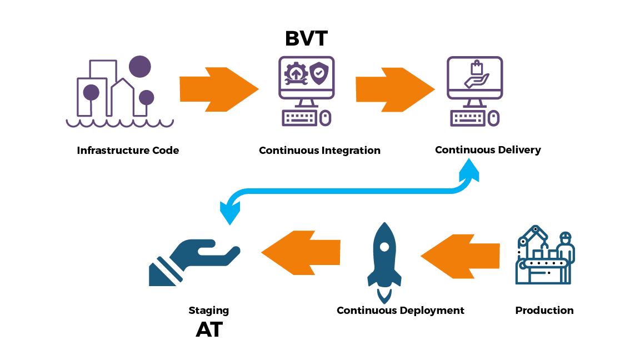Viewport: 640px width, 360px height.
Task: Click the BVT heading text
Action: [306, 38]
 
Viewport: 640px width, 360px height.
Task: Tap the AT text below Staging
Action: [209, 329]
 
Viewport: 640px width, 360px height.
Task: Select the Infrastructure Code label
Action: [128, 150]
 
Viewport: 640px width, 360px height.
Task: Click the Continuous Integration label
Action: [319, 150]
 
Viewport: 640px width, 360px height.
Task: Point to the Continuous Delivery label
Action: [487, 149]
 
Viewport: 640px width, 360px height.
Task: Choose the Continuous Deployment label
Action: [400, 310]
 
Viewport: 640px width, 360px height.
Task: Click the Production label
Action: [544, 310]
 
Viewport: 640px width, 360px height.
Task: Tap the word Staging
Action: [208, 311]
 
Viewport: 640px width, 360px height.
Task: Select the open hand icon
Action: [192, 261]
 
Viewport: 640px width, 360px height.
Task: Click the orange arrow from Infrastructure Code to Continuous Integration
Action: [219, 89]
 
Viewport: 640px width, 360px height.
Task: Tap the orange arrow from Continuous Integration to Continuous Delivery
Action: [394, 89]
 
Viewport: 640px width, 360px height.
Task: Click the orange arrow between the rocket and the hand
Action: [301, 252]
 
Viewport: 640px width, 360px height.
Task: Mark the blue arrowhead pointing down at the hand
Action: [229, 211]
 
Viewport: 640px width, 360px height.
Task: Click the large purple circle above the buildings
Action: [139, 67]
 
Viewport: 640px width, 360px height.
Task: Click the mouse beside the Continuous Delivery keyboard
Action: [494, 118]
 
